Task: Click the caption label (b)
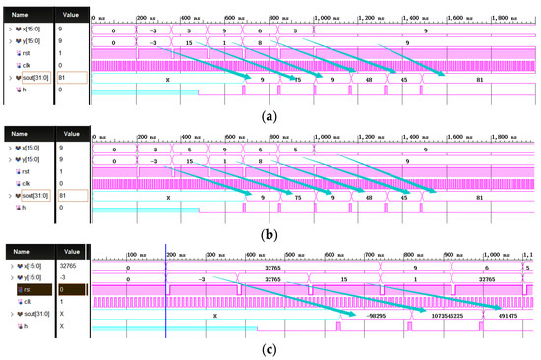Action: tap(270, 228)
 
